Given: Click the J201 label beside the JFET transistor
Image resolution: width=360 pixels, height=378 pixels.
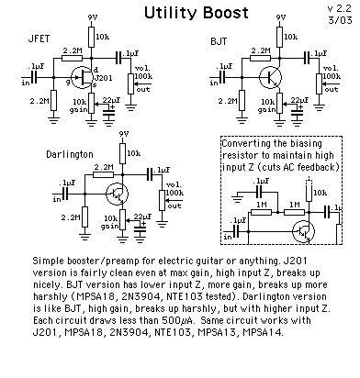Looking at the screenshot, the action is click(x=104, y=78).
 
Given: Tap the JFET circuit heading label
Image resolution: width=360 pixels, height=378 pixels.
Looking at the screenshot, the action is click(x=39, y=39).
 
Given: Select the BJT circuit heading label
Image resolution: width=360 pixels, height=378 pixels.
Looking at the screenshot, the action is click(x=219, y=41).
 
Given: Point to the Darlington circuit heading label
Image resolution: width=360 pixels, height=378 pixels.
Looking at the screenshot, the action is click(x=70, y=154).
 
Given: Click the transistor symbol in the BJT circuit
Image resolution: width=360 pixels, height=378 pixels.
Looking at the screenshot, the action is click(x=270, y=77).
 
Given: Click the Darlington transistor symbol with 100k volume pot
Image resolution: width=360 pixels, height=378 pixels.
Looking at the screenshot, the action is click(x=117, y=194).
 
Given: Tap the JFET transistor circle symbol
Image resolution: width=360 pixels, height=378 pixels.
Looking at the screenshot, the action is click(x=82, y=77).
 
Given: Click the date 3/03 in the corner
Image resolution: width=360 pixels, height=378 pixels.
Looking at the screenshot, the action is click(x=341, y=20).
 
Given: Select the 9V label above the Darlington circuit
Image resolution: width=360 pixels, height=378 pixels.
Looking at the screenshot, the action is click(x=124, y=134).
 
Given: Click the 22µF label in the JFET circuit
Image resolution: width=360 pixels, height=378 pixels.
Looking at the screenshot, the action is click(x=111, y=100).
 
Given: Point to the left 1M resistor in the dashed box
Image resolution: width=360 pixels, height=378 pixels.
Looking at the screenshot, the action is click(x=261, y=212).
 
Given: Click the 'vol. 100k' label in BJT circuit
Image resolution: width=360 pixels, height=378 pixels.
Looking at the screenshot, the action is click(x=332, y=72).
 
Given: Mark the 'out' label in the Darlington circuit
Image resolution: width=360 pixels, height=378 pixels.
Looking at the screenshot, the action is click(x=174, y=206).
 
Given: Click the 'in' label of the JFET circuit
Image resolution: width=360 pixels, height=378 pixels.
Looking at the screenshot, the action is click(x=26, y=83).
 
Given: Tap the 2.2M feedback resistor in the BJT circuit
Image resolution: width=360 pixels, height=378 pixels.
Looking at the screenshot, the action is click(x=260, y=58).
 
